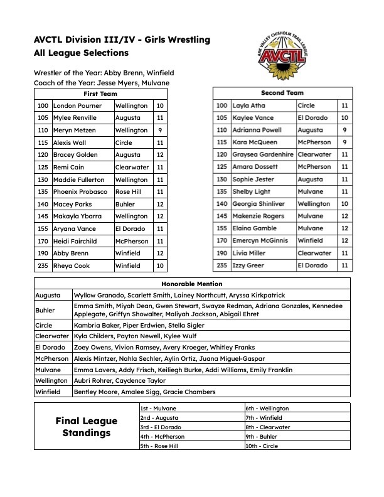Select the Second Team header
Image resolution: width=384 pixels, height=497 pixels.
click(282, 93)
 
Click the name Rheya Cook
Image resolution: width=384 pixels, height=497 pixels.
click(71, 265)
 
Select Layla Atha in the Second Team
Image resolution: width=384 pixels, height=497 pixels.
click(249, 105)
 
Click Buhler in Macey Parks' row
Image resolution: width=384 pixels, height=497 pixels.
click(125, 204)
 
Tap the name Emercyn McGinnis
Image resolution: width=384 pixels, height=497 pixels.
click(260, 240)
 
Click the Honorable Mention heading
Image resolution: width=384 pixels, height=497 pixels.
click(191, 284)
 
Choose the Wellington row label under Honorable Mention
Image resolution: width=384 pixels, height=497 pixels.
click(51, 380)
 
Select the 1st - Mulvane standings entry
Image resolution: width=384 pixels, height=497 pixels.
click(158, 408)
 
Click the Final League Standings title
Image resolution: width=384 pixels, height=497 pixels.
click(86, 427)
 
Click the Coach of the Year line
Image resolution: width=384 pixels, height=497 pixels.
click(102, 83)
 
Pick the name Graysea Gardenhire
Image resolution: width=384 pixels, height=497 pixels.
click(263, 154)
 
